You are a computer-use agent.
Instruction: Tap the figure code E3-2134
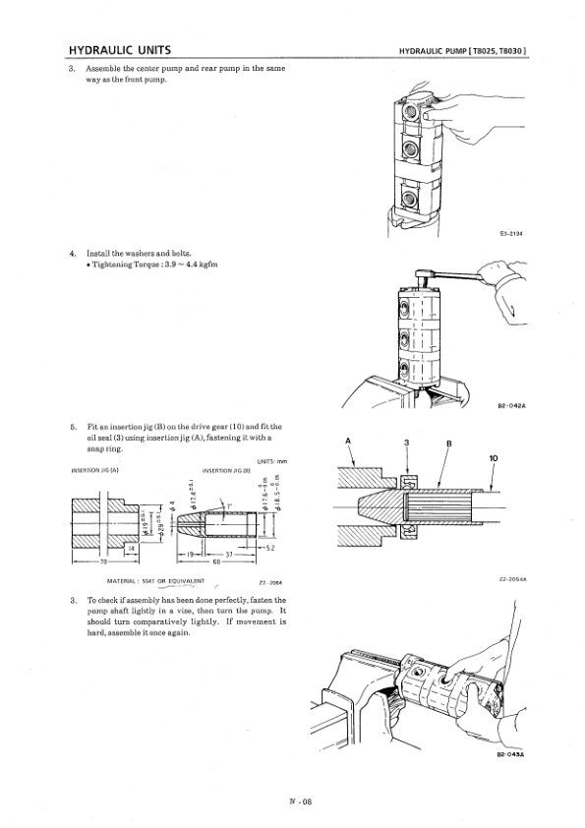tap(509, 233)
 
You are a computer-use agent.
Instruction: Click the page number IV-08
tap(292, 801)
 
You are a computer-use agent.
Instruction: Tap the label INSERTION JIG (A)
tap(96, 470)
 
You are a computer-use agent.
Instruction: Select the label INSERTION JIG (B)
tap(224, 470)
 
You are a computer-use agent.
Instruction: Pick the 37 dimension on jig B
tap(227, 556)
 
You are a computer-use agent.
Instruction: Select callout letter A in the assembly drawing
tap(349, 440)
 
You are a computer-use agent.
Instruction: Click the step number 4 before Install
tap(74, 254)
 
